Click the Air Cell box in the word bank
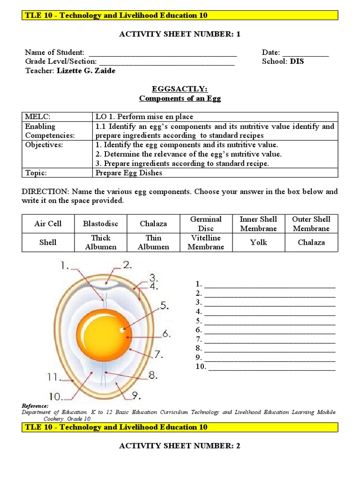click(48, 224)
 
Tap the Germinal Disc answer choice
click(206, 224)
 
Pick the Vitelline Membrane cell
click(206, 242)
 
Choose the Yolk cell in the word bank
click(259, 242)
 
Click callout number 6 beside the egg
click(166, 334)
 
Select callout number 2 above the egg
click(127, 265)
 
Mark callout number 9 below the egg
click(135, 396)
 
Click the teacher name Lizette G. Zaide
click(86, 71)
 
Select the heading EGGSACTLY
click(180, 89)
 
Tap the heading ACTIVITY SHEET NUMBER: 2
click(180, 446)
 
